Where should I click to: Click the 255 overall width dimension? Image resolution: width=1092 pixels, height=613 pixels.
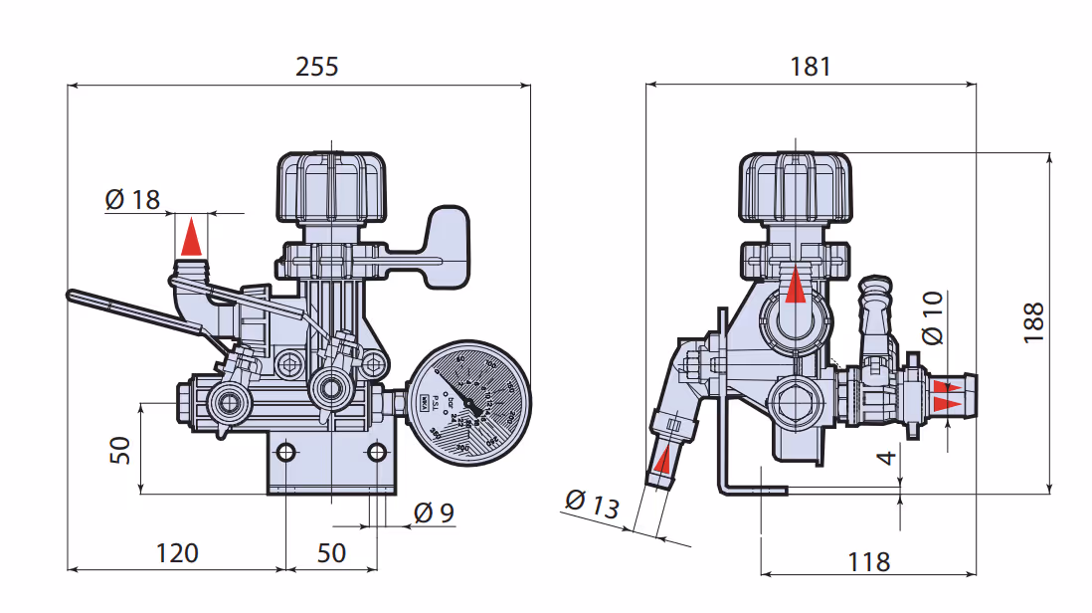point(317,67)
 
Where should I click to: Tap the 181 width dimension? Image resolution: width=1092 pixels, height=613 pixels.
point(810,67)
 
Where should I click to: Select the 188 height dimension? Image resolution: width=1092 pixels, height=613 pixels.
point(1033,322)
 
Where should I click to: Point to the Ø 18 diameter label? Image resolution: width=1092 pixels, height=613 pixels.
point(132,199)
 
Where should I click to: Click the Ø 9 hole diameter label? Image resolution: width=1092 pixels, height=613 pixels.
point(434,513)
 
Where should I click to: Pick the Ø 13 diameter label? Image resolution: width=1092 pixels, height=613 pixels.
point(591,504)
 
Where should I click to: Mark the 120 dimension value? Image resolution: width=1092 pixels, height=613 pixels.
point(177,552)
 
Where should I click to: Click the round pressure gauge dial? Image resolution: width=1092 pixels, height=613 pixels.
point(468,400)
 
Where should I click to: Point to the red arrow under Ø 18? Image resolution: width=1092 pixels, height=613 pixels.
point(192,238)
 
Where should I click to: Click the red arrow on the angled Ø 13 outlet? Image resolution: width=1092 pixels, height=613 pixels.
point(662,461)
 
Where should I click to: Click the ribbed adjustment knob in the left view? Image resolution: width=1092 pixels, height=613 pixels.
point(329,187)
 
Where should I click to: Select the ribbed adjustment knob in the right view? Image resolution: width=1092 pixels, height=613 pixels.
point(796,187)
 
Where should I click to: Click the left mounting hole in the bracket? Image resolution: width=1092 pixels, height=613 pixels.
point(286,453)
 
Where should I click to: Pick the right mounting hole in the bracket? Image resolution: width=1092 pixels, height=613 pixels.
point(376,453)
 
